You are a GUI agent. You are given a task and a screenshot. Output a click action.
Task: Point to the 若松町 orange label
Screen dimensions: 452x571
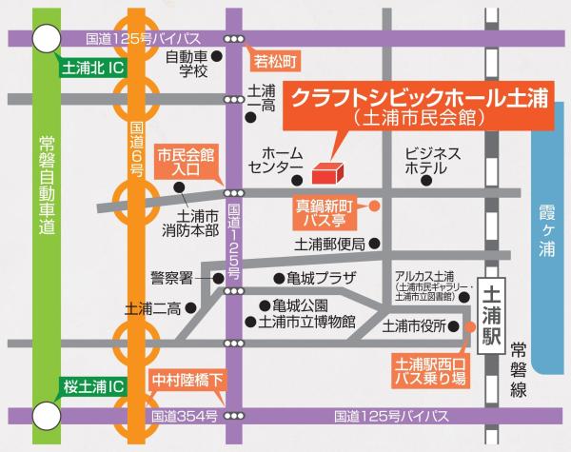click(x=275, y=61)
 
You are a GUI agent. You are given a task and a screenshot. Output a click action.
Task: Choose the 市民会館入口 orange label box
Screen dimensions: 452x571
click(x=187, y=161)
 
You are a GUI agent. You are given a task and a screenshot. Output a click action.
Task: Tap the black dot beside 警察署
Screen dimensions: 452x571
click(x=218, y=278)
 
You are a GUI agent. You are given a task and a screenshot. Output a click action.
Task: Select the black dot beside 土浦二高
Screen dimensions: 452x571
click(x=190, y=307)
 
